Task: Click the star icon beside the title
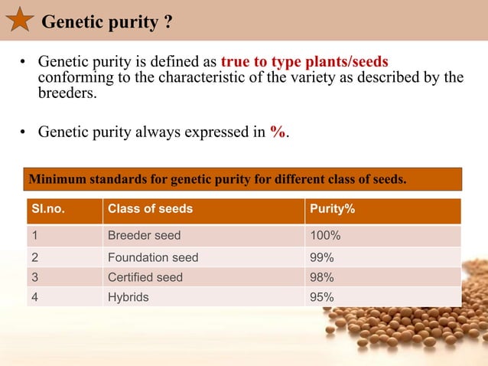[19, 19]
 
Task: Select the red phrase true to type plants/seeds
[304, 61]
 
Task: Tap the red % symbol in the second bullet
[278, 132]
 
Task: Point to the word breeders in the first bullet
[68, 93]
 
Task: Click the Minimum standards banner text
[216, 179]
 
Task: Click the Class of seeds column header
[150, 209]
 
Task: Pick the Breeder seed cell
[145, 236]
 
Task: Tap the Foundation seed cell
[153, 257]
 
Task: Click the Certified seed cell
[145, 277]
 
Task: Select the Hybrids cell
[129, 297]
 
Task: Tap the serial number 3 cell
[35, 277]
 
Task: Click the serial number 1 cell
[35, 236]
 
